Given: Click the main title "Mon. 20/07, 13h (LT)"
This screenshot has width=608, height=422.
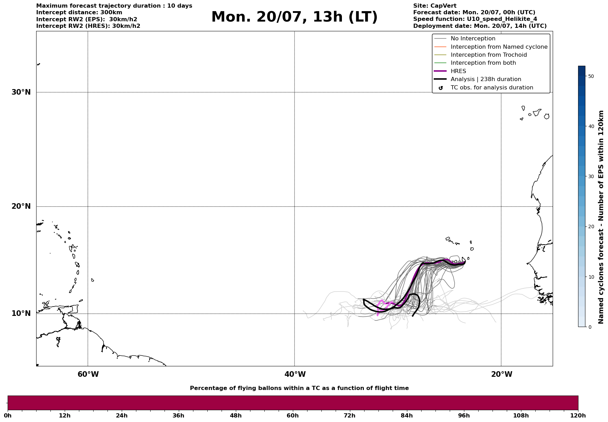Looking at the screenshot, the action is (294, 17).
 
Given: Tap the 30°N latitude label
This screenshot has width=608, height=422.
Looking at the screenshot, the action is (21, 92).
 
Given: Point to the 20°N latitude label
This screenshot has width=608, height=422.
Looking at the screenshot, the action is (21, 206).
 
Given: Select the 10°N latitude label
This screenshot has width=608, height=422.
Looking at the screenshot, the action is (21, 313).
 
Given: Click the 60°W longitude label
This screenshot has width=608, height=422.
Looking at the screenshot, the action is (88, 374).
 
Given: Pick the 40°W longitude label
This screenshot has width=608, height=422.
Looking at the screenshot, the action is (295, 374).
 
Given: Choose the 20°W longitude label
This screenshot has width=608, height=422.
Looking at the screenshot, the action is (502, 374).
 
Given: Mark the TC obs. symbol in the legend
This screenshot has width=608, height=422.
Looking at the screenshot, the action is (441, 88).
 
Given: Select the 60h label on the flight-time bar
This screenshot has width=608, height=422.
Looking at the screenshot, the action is (293, 416).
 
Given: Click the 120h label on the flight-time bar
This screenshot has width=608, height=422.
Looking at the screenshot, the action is (578, 416).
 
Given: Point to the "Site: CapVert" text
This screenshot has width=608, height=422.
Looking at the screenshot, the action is (435, 6).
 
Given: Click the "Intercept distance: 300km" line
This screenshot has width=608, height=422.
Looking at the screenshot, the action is (79, 13).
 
